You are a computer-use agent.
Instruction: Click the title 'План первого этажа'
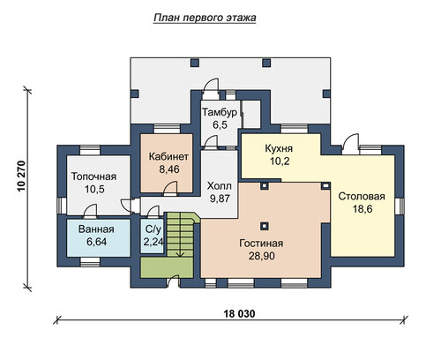pos(205,18)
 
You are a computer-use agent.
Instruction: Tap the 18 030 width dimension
pos(239,314)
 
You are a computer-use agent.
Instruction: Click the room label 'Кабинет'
pos(168,156)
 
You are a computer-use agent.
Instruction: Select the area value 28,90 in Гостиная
pos(262,256)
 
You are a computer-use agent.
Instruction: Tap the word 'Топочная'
pos(94,176)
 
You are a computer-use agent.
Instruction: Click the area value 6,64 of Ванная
pos(96,242)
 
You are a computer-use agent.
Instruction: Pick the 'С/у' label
pos(153,229)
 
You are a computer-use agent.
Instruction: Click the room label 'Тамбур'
pos(220,112)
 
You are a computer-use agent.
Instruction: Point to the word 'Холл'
pos(220,186)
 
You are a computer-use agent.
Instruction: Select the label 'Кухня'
pos(279,148)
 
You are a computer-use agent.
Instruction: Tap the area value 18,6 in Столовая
pos(363,209)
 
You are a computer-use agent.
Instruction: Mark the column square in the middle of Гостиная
pos(265,226)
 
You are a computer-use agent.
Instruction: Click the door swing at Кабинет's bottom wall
pos(170,188)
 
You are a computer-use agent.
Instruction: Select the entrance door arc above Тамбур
pos(211,86)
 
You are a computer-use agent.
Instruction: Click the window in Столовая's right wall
pos(400,205)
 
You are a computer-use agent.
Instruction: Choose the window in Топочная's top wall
pos(90,150)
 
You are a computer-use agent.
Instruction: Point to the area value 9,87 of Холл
pos(220,199)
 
